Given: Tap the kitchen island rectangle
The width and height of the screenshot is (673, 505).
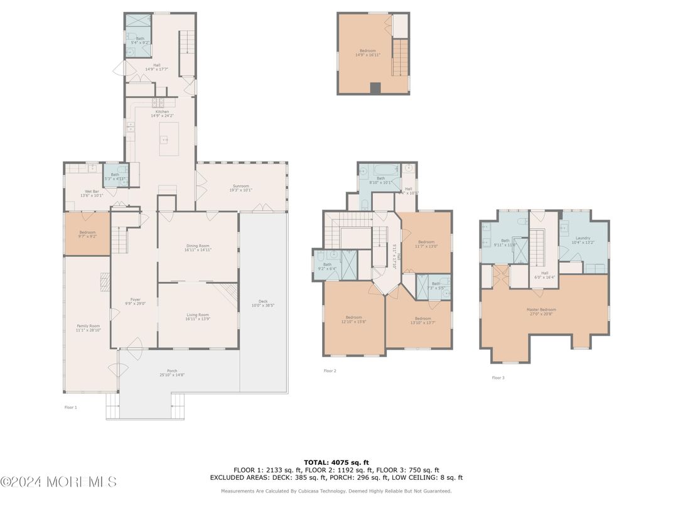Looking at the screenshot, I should coord(168,139).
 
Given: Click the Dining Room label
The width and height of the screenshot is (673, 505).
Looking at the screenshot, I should coord(197,247).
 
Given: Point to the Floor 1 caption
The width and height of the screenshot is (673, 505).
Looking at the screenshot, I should coord(70,408).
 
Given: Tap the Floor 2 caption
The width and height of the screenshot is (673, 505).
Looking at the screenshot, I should coord(330,371).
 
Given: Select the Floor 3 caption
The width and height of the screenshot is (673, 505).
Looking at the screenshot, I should coord(498,377).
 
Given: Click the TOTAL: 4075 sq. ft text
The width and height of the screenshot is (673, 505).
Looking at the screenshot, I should coord(336,462).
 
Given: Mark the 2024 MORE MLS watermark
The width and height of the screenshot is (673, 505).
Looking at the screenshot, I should coord(58,482).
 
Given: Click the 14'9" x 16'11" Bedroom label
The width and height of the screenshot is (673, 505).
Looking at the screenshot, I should coord(370,52).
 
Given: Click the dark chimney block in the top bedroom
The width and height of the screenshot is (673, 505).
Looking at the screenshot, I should coord(375,89).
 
